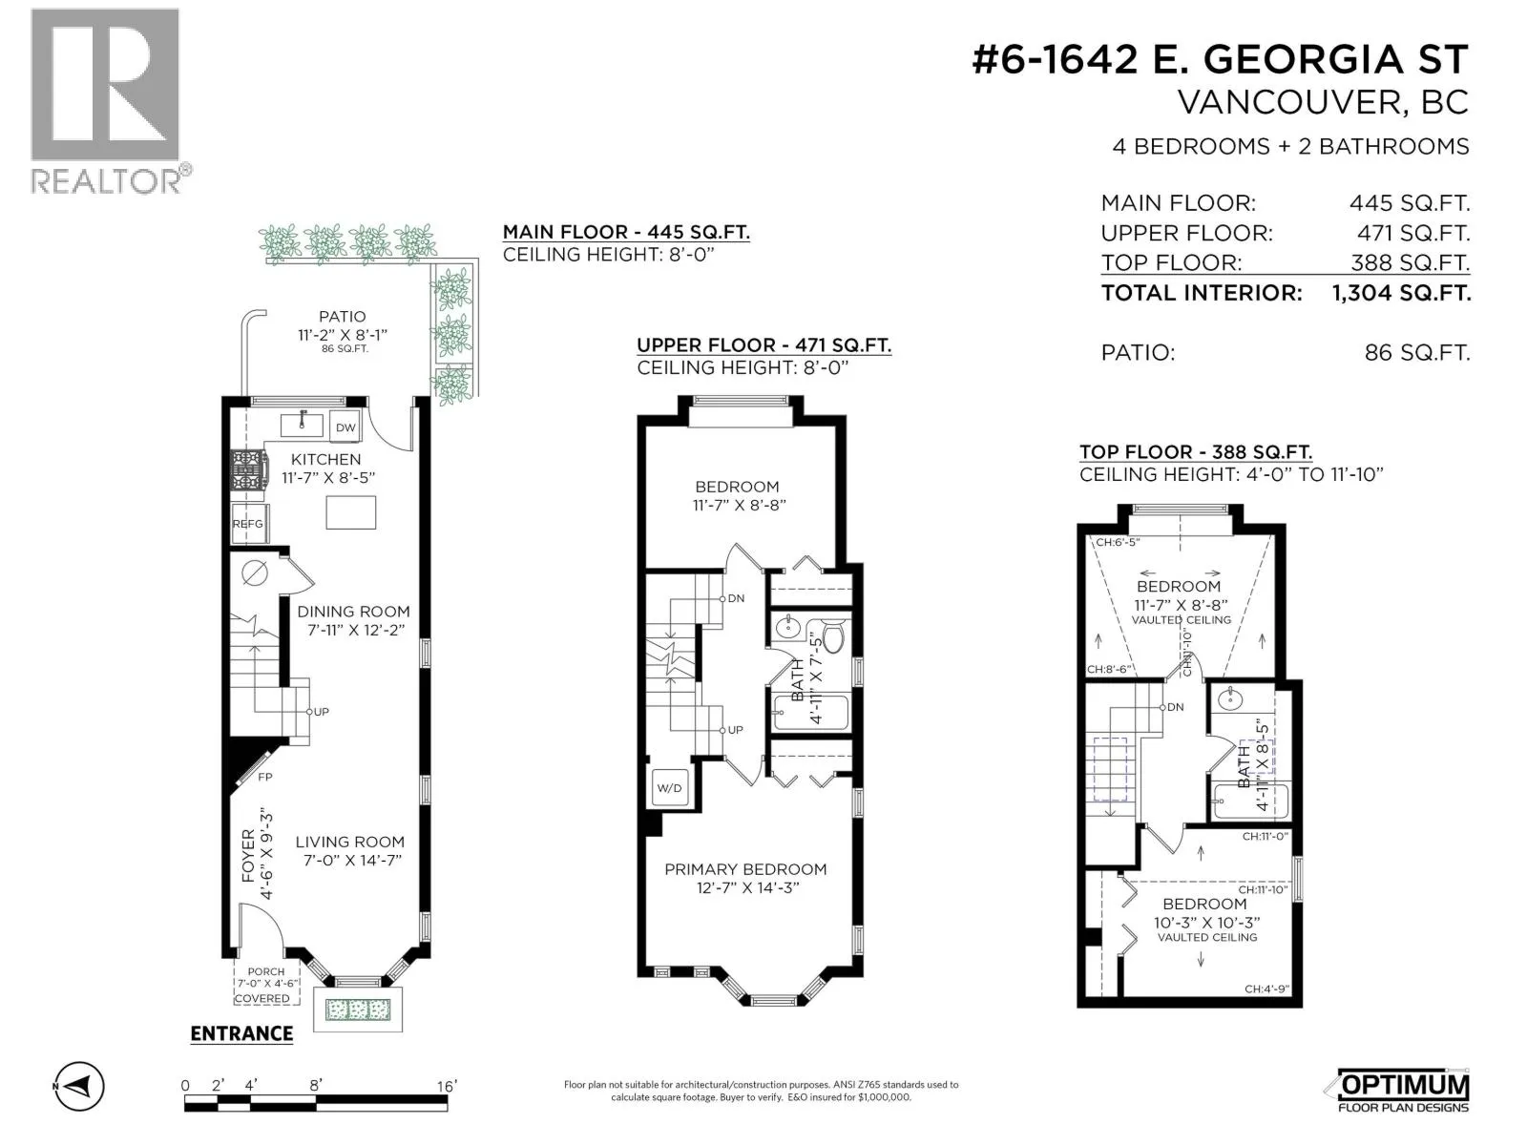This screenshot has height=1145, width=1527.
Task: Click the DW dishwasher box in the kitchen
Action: tap(345, 427)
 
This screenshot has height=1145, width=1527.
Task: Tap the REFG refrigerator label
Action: tap(247, 524)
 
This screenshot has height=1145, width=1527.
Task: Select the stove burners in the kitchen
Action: tap(250, 470)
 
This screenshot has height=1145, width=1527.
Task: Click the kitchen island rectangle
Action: tap(351, 512)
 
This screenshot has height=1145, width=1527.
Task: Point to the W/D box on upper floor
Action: tap(669, 788)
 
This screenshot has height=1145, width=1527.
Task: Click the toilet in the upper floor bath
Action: tap(831, 635)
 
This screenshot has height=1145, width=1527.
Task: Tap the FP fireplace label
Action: tap(265, 778)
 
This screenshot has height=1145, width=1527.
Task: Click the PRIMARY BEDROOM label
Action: tap(745, 869)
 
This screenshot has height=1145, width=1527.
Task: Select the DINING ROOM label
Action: tap(353, 612)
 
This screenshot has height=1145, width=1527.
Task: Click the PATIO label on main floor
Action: tap(343, 317)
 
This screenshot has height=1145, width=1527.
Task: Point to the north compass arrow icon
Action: tap(80, 1085)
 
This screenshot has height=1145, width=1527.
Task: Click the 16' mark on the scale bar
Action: tap(447, 1086)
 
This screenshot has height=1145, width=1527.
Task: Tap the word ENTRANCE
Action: tap(241, 1033)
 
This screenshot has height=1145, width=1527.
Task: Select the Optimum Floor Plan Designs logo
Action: tap(1402, 1090)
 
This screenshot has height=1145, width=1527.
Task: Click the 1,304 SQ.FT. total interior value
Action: tap(1401, 293)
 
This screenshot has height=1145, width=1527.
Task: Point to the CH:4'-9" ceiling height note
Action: tap(1266, 989)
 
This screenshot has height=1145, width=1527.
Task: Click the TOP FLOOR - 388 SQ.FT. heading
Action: tap(1196, 452)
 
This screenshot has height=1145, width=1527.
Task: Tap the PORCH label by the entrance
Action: tap(265, 972)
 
